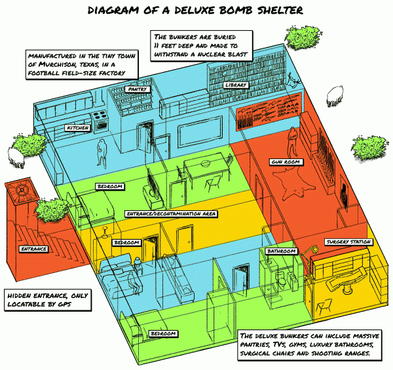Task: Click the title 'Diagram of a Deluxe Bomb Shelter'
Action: (x=196, y=11)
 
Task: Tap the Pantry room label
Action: (x=138, y=88)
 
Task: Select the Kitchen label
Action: (x=77, y=128)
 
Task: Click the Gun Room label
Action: (x=284, y=161)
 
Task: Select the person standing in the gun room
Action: (x=296, y=138)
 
